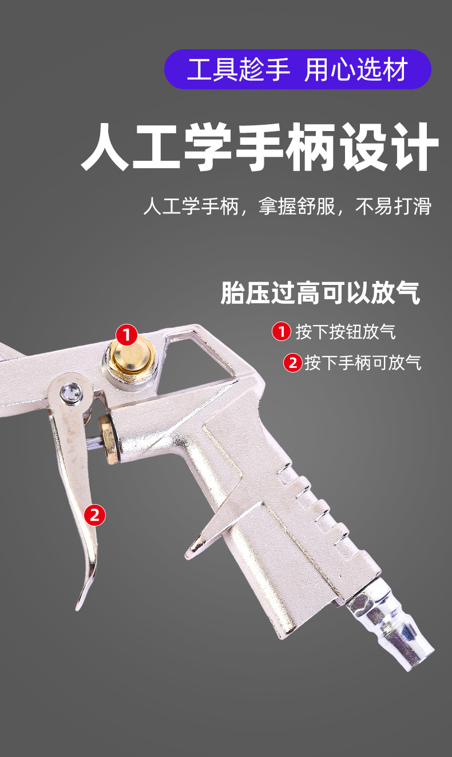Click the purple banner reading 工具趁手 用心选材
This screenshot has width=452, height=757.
pyautogui.click(x=298, y=69)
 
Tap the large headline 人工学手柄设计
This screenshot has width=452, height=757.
pyautogui.click(x=260, y=146)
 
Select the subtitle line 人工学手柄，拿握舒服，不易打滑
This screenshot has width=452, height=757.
pyautogui.click(x=287, y=206)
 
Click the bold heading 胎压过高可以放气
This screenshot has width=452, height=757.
pyautogui.click(x=320, y=292)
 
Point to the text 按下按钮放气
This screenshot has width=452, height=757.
pyautogui.click(x=346, y=331)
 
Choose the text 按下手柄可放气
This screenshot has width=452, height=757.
pyautogui.click(x=363, y=363)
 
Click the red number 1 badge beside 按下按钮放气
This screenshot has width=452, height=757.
pyautogui.click(x=281, y=331)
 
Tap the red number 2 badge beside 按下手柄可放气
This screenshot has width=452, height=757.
pyautogui.click(x=292, y=363)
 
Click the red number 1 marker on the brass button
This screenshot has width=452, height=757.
pyautogui.click(x=126, y=335)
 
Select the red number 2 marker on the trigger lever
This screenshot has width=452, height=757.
pyautogui.click(x=94, y=515)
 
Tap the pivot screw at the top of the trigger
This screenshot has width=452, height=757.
pyautogui.click(x=72, y=393)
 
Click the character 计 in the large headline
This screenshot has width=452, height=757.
pyautogui.click(x=414, y=146)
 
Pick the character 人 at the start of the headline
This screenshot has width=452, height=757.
pyautogui.click(x=105, y=146)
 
